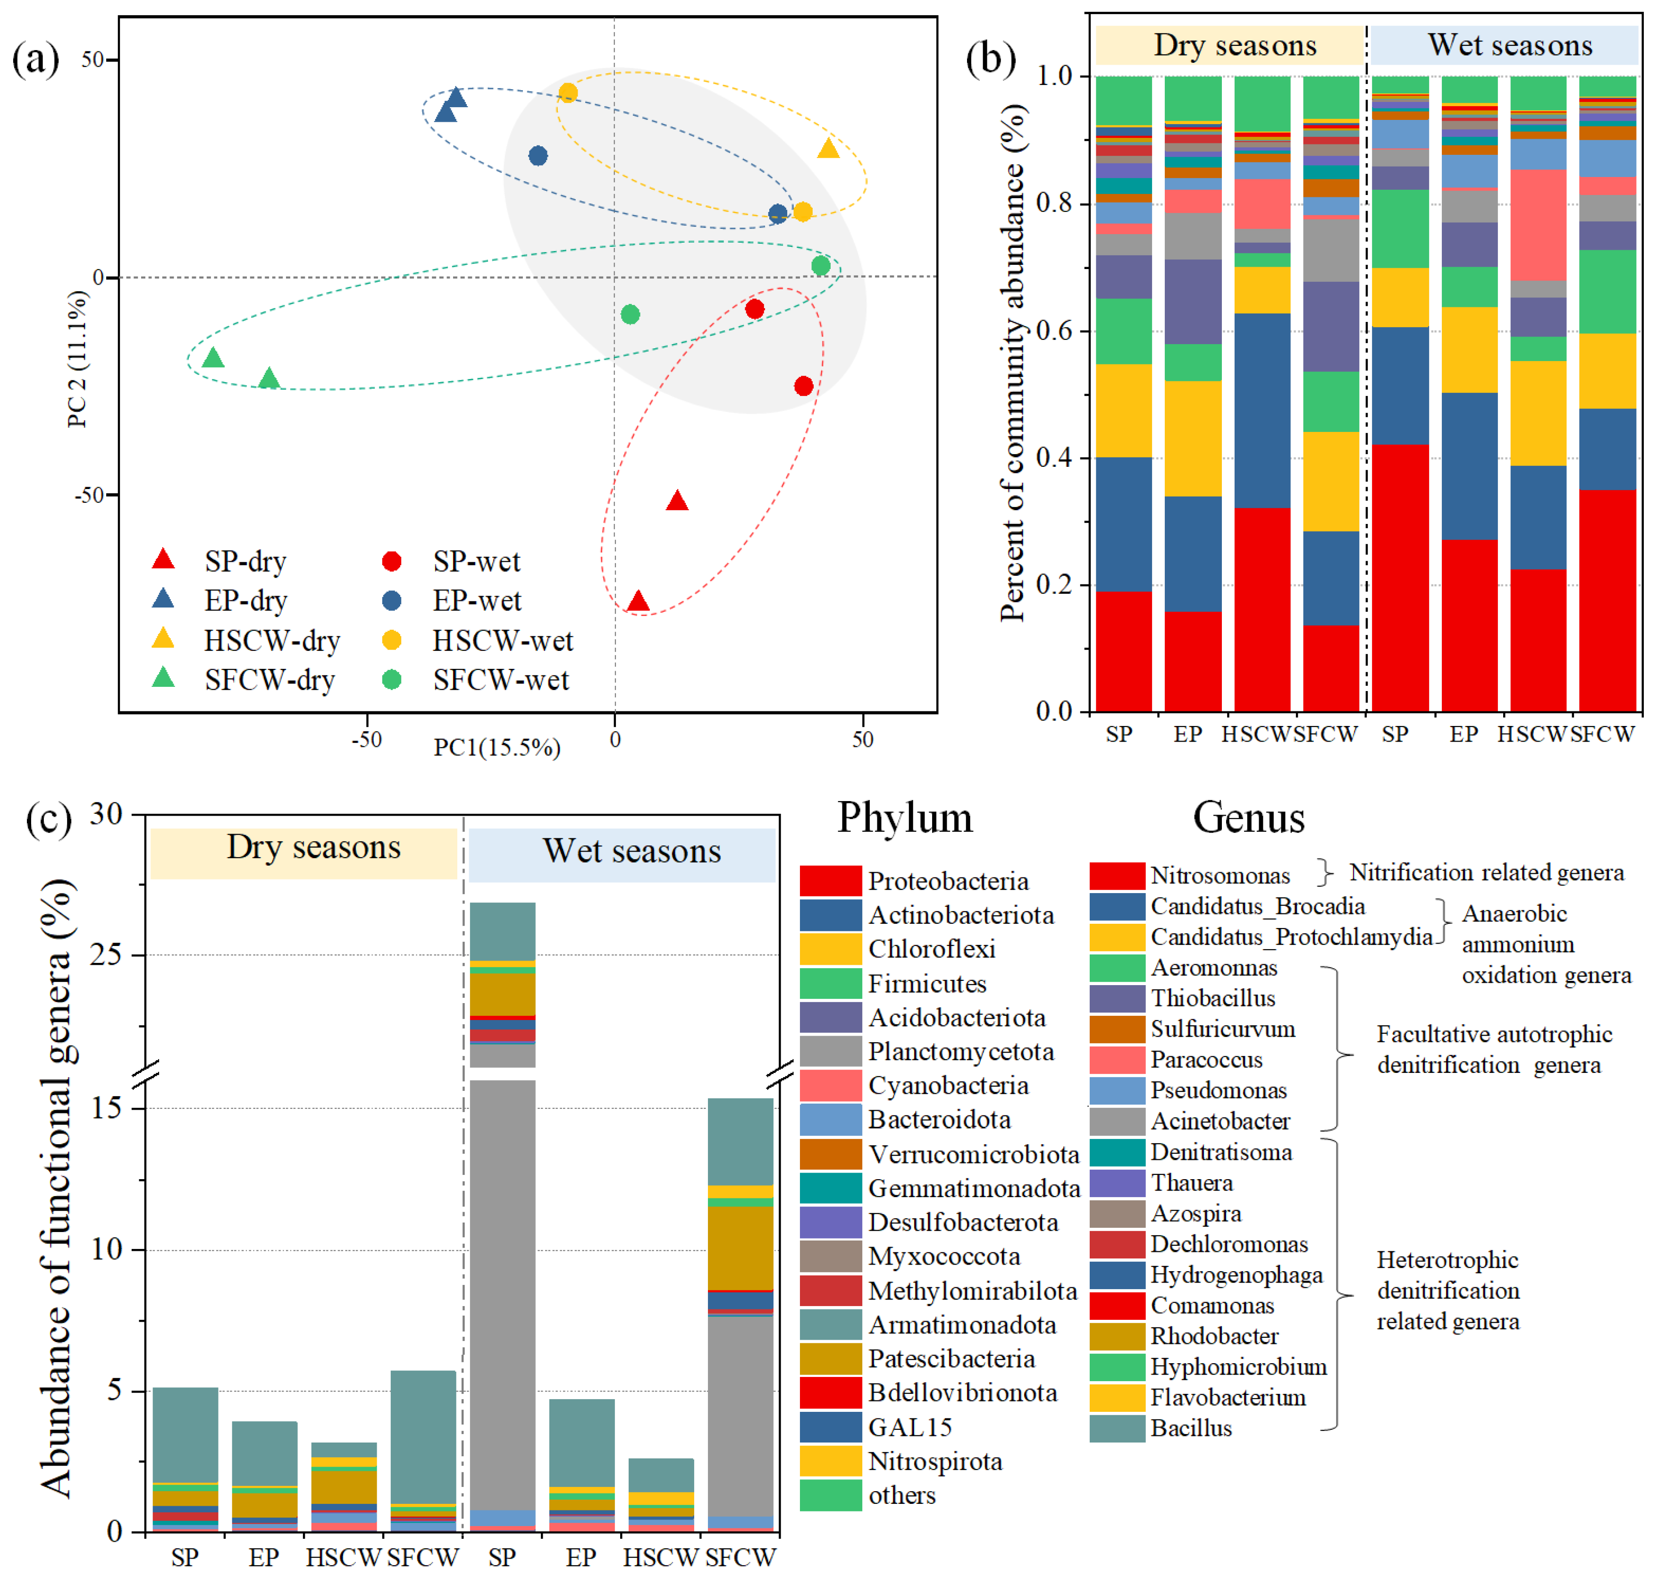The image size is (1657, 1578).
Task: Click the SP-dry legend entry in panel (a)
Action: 244,561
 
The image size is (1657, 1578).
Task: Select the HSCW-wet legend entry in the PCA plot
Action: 502,641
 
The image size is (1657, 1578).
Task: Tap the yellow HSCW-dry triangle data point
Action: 829,149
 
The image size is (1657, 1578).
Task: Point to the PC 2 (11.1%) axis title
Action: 77,359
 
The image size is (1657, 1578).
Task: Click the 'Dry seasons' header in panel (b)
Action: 1234,45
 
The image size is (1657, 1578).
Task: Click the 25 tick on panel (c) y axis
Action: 107,955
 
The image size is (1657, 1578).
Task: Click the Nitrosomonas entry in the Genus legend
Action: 1220,876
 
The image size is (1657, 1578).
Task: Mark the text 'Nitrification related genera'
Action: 1486,873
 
